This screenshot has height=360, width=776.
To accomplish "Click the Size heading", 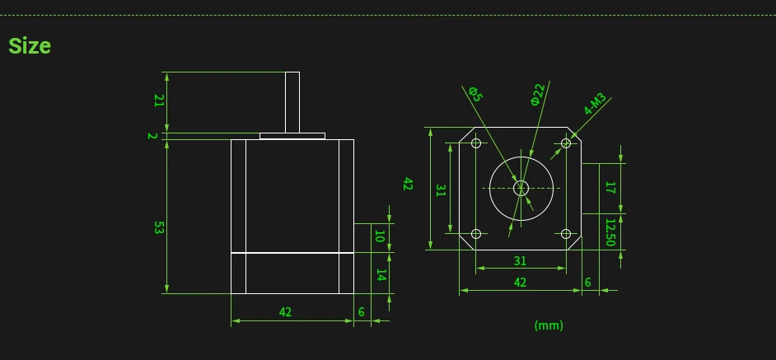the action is [30, 46].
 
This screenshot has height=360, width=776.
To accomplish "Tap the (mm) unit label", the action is [549, 325].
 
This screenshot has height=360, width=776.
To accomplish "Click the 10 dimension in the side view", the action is [380, 236].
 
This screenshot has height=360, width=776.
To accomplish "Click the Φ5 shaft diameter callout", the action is [475, 94].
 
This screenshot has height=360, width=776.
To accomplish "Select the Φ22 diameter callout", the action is [537, 94].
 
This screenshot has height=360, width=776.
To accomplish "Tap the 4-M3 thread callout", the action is [595, 105].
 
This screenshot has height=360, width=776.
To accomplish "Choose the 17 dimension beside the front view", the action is [610, 188].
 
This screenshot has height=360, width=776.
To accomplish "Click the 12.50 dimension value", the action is [610, 231].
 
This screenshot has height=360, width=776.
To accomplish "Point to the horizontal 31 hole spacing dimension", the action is [520, 261].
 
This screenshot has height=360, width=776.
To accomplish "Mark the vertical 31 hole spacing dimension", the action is [441, 189].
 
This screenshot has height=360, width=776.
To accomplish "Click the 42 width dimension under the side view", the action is [285, 312].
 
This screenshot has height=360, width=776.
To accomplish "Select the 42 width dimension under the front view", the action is [520, 282].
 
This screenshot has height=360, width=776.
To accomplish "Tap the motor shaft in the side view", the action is [292, 102].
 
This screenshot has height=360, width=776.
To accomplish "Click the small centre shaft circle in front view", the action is [521, 188].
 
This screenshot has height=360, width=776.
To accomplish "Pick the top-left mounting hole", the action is [476, 143].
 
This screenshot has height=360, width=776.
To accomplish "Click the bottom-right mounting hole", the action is [566, 234].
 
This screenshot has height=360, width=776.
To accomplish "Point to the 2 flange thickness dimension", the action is [152, 136].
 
